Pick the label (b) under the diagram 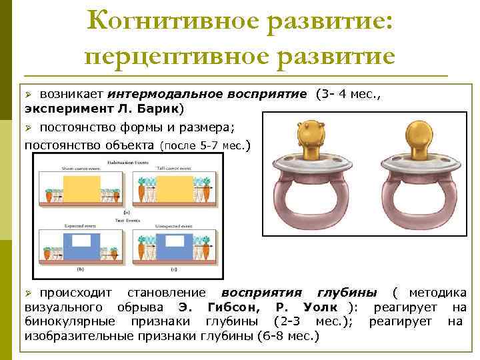tap(79, 269)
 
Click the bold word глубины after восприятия tap(346, 293)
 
